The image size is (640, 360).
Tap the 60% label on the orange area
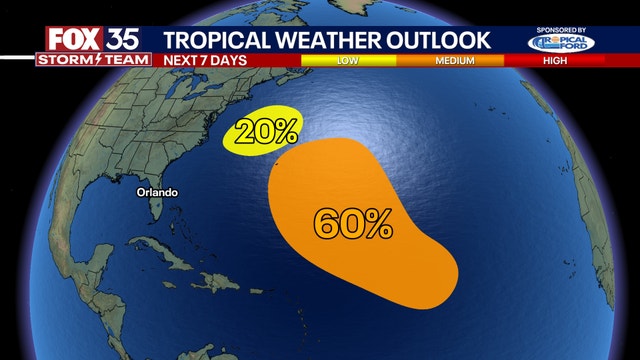click(x=352, y=223)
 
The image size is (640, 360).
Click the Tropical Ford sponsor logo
click(x=561, y=43)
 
